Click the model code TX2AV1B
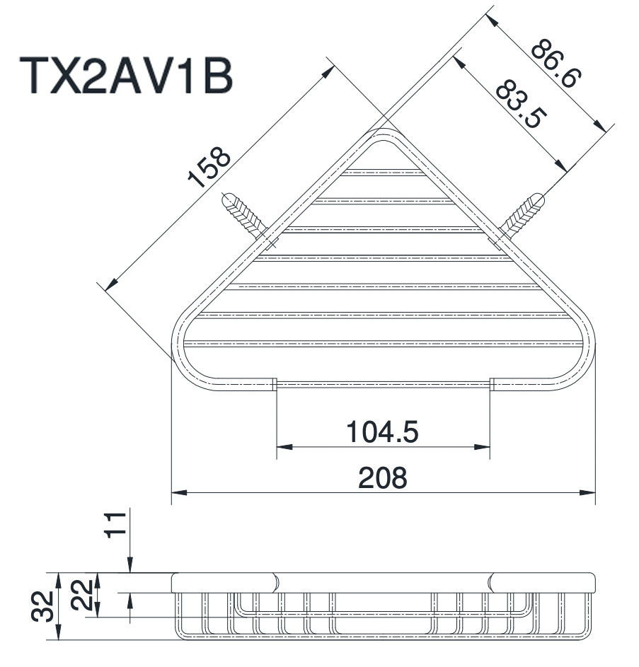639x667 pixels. [128, 75]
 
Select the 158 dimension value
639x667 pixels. [209, 166]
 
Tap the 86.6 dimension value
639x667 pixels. [555, 64]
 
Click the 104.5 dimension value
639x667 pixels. [383, 431]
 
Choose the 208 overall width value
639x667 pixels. [383, 478]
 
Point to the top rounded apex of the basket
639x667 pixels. [383, 134]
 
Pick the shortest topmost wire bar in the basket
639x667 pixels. [383, 172]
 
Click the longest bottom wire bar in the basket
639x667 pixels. [383, 344]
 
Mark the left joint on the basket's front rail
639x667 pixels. [275, 385]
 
